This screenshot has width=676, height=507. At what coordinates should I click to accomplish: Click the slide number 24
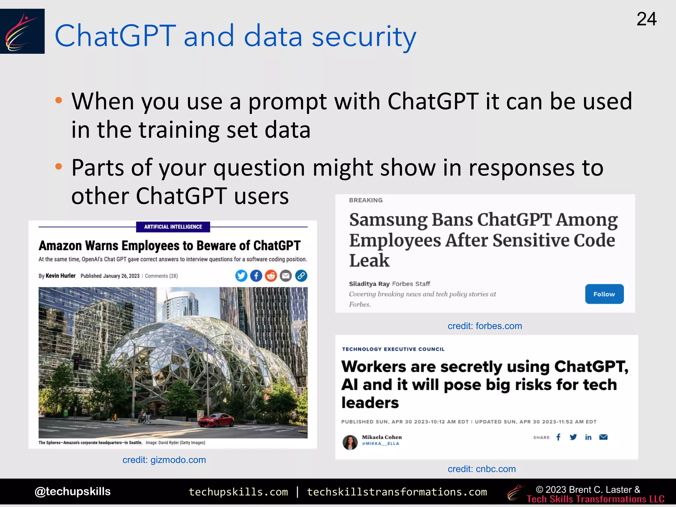(646, 19)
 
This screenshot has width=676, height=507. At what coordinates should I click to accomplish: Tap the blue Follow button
(604, 294)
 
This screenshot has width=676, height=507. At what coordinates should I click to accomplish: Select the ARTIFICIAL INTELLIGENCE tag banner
(173, 227)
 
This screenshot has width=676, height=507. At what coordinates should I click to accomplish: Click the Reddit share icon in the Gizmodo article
(271, 276)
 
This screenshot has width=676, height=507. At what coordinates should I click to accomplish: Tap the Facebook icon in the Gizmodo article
(256, 276)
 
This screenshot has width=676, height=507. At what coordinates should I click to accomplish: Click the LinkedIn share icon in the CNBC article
(588, 437)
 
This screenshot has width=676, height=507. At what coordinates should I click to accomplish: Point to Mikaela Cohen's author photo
(350, 442)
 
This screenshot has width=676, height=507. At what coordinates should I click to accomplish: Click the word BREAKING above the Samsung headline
(366, 200)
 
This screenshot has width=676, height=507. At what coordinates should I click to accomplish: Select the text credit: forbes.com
(485, 326)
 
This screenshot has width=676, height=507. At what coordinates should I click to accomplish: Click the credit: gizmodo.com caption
(164, 460)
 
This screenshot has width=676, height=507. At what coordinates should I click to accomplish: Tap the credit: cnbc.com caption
(482, 469)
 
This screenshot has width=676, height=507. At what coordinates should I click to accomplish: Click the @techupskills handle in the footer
(73, 491)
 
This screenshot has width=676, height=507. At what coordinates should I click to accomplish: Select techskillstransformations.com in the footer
(397, 492)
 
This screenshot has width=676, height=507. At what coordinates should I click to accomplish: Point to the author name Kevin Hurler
(60, 276)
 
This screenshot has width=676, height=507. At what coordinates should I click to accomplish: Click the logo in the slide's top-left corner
(22, 31)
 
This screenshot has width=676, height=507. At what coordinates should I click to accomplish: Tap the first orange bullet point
(59, 100)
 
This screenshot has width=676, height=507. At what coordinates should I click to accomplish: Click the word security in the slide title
(364, 36)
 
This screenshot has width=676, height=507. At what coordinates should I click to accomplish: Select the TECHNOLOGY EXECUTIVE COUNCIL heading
(393, 349)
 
